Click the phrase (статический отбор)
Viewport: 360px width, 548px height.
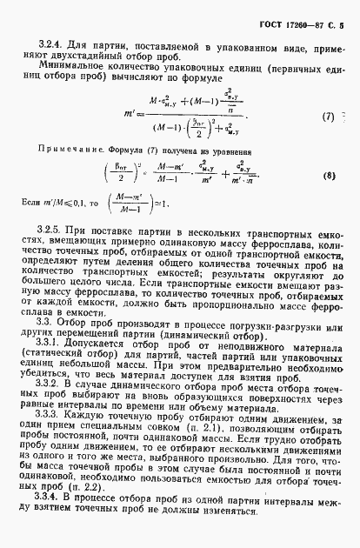click(x=73, y=358)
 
